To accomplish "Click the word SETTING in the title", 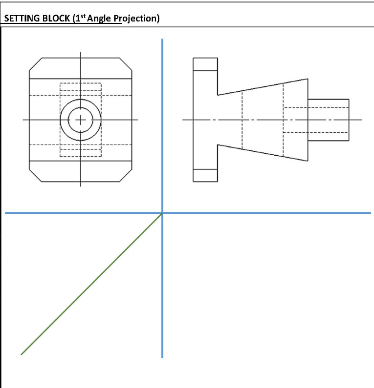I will click(20, 19).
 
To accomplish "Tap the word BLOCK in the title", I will click(53, 19).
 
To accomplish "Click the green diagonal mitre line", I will click(92, 284).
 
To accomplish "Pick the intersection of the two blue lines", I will click(162, 213).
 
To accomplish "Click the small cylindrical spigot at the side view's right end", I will click(328, 120).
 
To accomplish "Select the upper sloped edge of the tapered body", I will click(263, 87).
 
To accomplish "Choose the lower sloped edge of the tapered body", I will click(263, 152).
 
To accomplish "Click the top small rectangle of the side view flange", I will click(205, 64).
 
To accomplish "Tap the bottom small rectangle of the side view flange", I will click(205, 175).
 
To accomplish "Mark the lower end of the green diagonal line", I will click(22, 354).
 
